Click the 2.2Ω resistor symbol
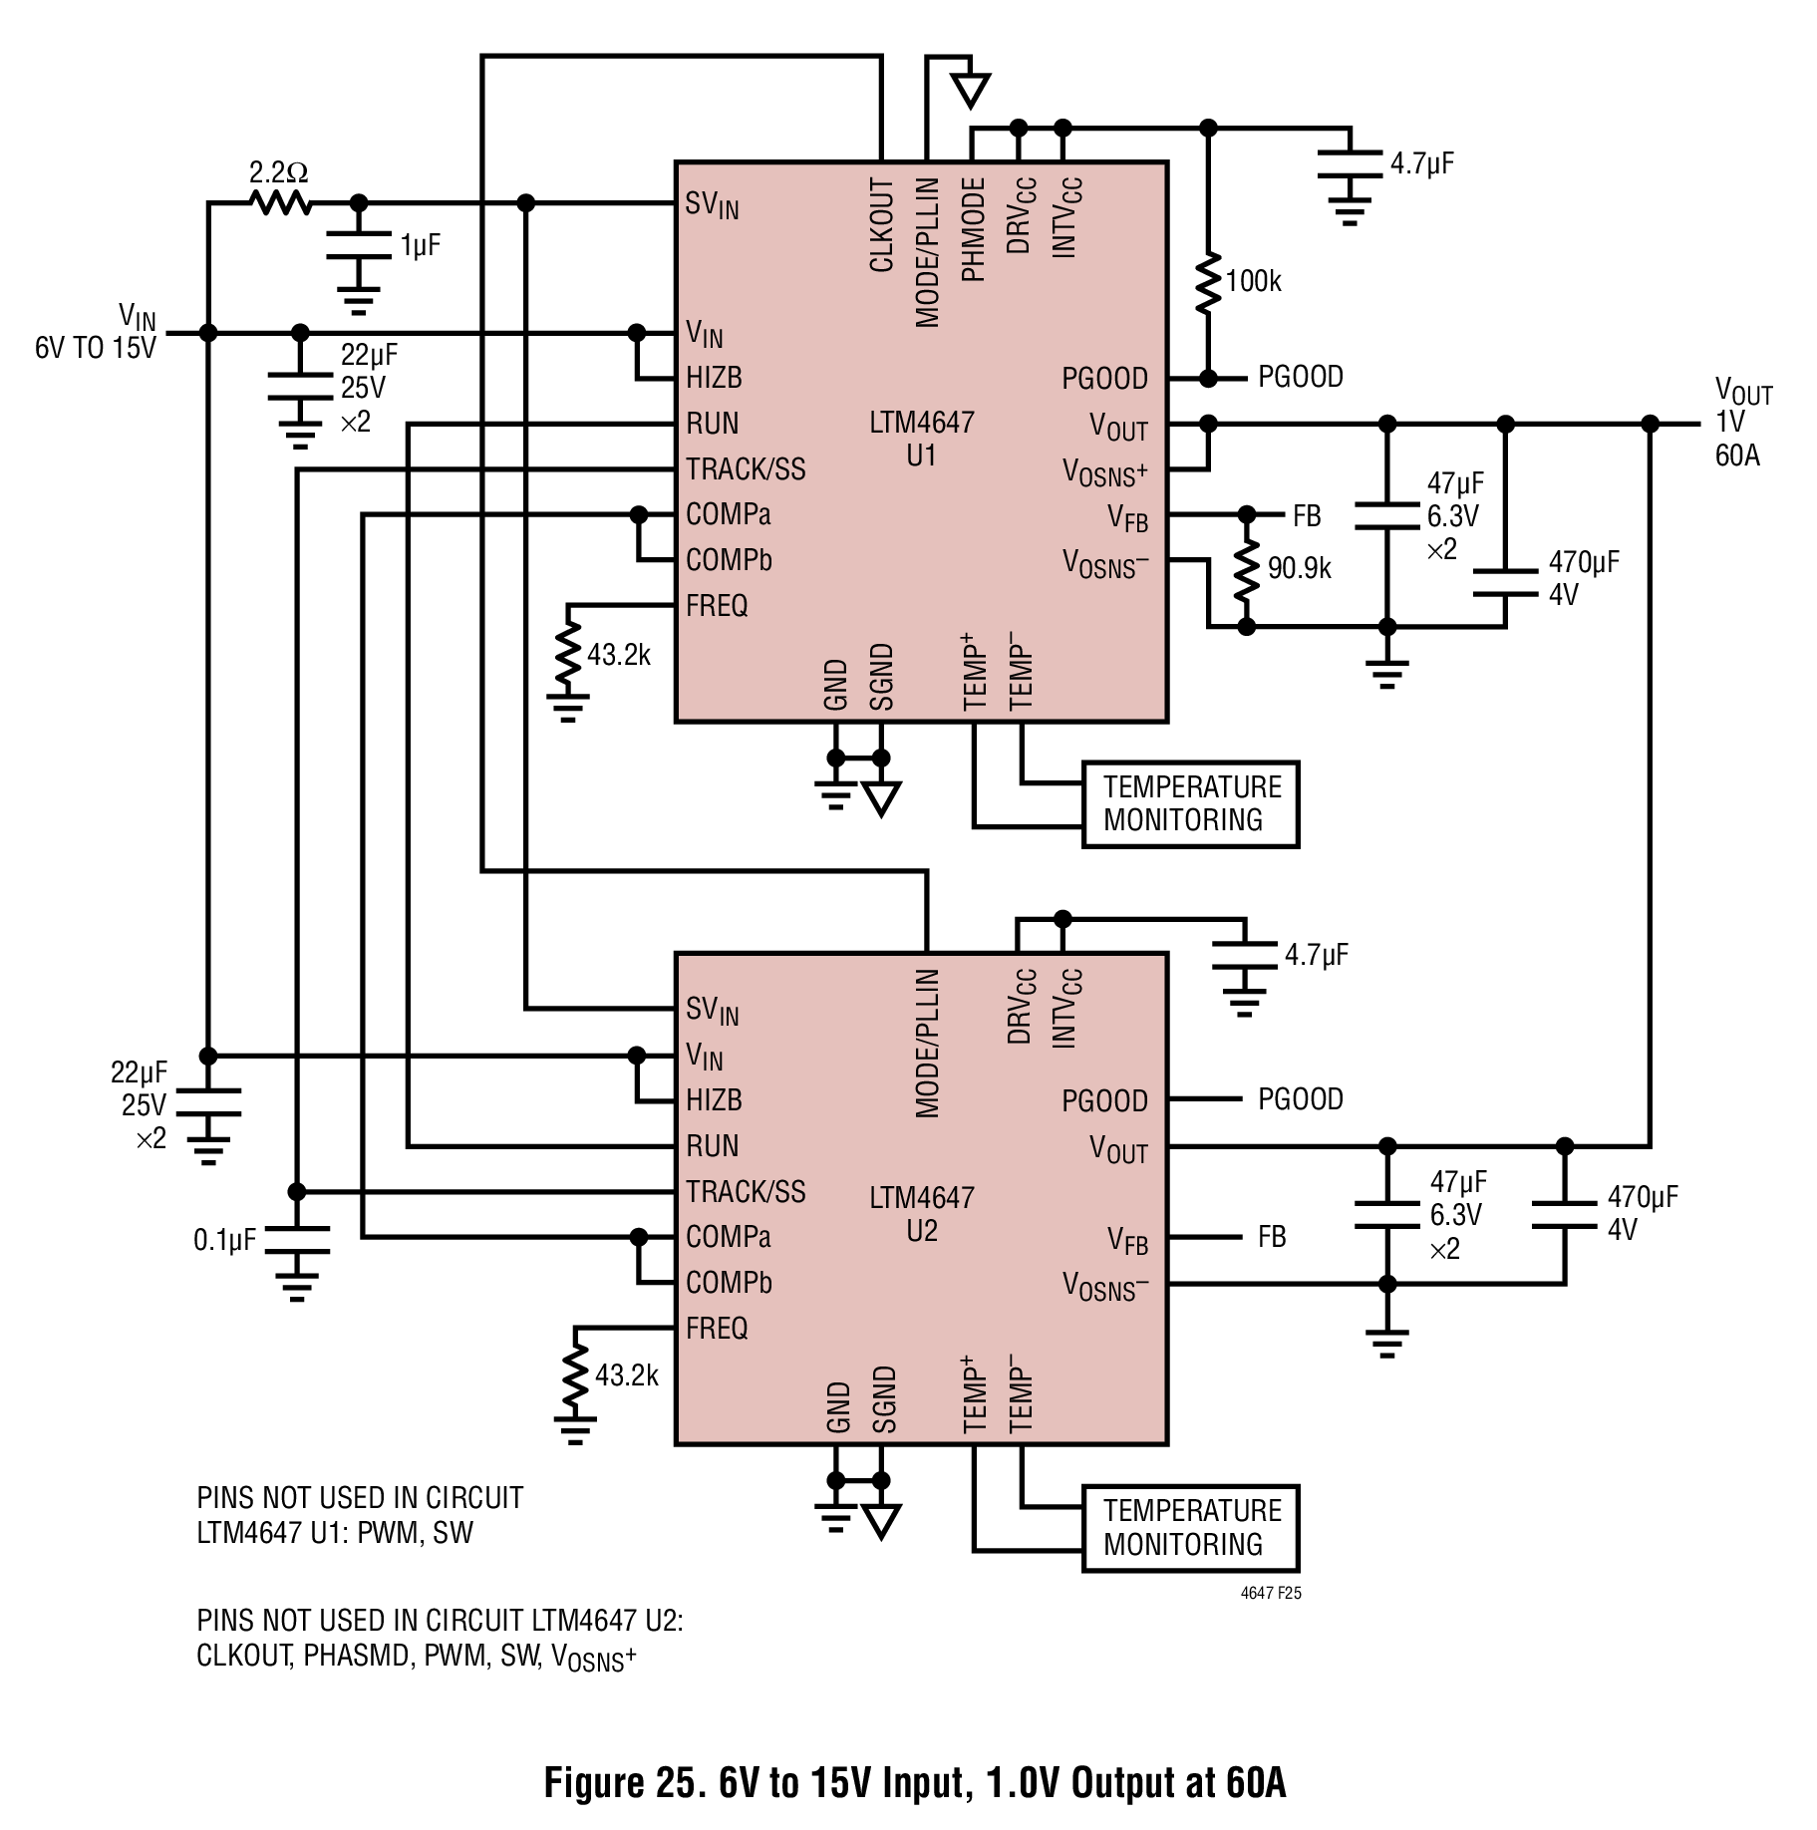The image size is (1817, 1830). click(x=280, y=202)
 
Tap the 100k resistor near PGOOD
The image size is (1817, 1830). click(x=1208, y=283)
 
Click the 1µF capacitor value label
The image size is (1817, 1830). click(x=421, y=245)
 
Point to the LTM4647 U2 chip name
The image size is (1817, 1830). click(x=922, y=1214)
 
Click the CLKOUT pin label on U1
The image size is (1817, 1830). click(x=882, y=225)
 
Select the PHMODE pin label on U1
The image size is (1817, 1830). click(x=973, y=229)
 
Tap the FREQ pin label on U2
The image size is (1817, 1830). click(x=717, y=1328)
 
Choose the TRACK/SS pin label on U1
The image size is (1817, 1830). click(x=746, y=468)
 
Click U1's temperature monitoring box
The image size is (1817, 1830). click(x=1191, y=804)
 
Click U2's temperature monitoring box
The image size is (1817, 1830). click(x=1191, y=1528)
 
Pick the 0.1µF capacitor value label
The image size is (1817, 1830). click(x=224, y=1240)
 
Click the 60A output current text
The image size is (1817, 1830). click(x=1737, y=456)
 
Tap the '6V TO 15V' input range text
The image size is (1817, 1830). click(x=96, y=348)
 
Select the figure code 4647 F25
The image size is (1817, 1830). click(x=1271, y=1593)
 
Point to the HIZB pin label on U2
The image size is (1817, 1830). click(x=714, y=1100)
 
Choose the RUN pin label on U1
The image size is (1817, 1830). click(x=713, y=424)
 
